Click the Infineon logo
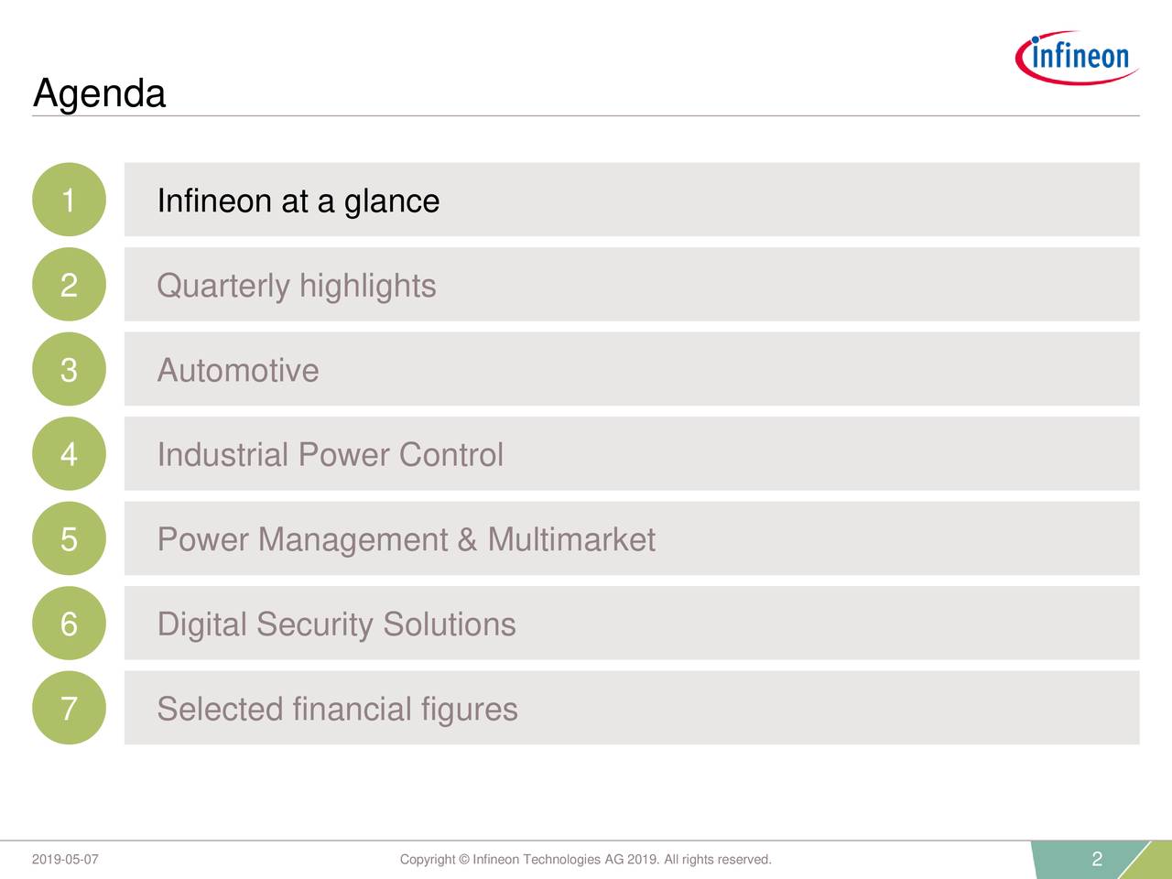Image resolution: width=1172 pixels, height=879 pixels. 1078,57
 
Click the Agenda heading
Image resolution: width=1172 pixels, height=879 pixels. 99,93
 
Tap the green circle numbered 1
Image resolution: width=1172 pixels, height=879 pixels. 69,200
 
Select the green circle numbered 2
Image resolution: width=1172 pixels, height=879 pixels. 69,285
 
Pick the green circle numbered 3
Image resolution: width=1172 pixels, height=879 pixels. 69,369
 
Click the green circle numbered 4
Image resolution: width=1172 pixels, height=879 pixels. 69,454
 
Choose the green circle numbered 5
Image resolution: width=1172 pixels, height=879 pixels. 69,538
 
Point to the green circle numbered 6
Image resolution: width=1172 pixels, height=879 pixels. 69,624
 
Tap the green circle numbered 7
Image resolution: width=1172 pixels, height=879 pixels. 69,708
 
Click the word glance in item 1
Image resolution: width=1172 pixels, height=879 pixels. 392,201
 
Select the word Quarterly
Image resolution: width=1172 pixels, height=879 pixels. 223,287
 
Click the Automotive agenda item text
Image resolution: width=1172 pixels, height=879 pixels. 238,371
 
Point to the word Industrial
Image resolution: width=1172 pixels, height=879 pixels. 222,455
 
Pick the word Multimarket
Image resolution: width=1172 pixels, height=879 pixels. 571,539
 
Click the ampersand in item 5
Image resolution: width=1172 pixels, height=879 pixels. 467,539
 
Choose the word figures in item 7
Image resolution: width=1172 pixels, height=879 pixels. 469,710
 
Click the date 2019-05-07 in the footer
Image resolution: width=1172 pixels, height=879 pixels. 65,860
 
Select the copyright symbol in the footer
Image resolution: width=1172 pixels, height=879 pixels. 464,860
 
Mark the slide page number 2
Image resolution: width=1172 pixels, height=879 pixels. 1097,859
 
